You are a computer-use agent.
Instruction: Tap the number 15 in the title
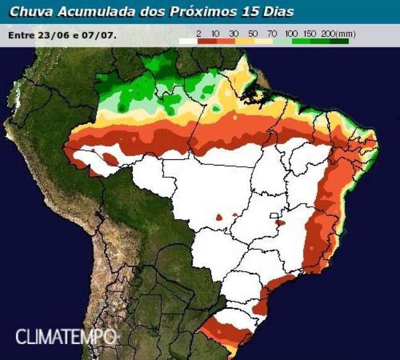(253, 12)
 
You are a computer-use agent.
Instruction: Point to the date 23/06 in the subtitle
(51, 35)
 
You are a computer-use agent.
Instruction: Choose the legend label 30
(234, 33)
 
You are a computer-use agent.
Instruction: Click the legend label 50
(253, 33)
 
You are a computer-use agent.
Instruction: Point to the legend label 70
(272, 33)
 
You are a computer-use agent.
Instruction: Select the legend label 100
(292, 33)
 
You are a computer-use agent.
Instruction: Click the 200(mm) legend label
(335, 33)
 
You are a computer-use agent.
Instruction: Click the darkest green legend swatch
(339, 41)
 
